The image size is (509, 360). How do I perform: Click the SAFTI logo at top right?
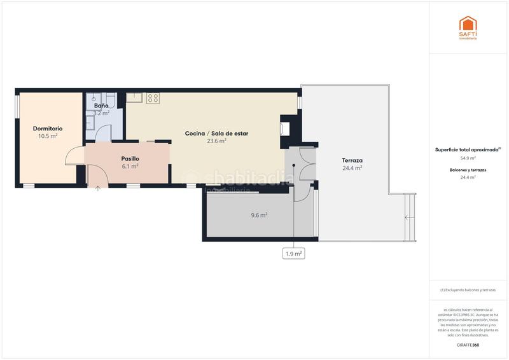(x=468, y=27)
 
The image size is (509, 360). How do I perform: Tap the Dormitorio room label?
(x=48, y=128)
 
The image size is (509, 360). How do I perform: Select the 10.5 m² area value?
(x=48, y=136)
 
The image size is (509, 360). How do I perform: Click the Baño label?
(x=102, y=105)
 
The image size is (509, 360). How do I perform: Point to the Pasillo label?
(x=130, y=158)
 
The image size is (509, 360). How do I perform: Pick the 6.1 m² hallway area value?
(x=130, y=166)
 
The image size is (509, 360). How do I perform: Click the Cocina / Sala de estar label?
(x=216, y=134)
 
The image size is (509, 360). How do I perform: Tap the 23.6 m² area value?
(x=216, y=141)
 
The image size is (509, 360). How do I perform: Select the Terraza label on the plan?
(x=352, y=160)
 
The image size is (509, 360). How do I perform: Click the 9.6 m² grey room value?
(x=259, y=215)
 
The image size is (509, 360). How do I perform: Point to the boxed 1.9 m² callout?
(x=293, y=253)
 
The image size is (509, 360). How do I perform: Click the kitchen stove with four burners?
(x=153, y=98)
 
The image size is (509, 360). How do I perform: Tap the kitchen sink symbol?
(x=134, y=98)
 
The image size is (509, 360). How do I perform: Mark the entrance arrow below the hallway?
(x=97, y=186)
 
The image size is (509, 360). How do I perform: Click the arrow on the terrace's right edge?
(x=406, y=218)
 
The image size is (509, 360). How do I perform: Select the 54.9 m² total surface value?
(x=468, y=158)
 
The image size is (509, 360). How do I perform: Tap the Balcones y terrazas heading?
(x=468, y=170)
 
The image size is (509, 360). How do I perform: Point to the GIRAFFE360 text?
(x=468, y=345)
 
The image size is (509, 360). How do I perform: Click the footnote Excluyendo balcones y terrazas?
(x=468, y=290)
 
